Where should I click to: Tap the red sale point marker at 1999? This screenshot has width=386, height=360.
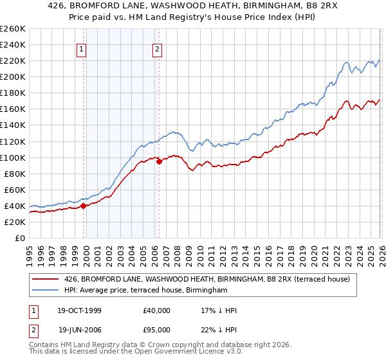point(83,206)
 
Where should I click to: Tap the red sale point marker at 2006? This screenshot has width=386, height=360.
point(159,161)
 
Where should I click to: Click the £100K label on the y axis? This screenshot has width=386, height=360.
point(12,157)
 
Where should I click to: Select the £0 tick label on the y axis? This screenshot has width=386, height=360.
point(19,238)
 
